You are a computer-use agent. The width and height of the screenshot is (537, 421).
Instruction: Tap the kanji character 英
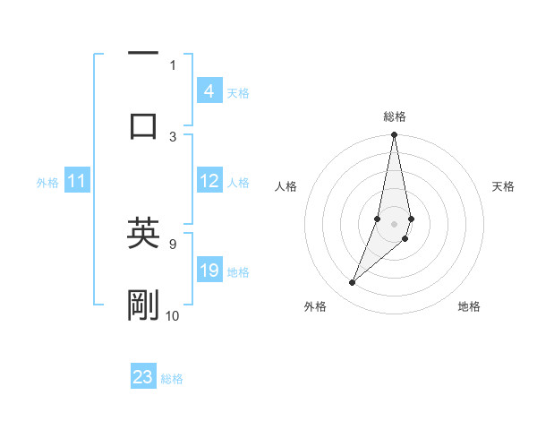pos(143,235)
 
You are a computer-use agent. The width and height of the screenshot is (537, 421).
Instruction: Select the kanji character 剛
pos(143,305)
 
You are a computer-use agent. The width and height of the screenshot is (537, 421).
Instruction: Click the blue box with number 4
pos(209,91)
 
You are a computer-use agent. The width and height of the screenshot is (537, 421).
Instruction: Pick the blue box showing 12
pos(209,181)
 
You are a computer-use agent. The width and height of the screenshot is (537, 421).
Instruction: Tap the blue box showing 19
pos(209,271)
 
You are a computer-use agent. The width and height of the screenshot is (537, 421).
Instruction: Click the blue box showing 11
pos(77,182)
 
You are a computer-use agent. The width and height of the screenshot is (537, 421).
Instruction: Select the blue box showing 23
pos(143,377)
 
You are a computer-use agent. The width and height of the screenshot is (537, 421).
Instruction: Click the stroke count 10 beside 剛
pos(173,315)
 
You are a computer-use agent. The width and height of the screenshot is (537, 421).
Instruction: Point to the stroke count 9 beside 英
pos(173,243)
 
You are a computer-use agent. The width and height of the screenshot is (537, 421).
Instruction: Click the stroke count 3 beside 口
pos(173,136)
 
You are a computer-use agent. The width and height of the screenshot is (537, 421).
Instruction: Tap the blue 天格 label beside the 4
pos(238,92)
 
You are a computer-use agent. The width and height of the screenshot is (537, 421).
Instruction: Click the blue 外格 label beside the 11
pos(47,183)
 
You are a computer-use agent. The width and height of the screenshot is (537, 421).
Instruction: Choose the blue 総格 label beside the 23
pos(172,378)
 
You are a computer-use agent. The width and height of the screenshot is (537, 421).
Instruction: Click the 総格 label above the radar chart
pos(395,116)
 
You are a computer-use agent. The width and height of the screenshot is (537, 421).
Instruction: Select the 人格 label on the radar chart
pos(286,186)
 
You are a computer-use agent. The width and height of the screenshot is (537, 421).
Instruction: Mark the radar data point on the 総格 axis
pos(394,135)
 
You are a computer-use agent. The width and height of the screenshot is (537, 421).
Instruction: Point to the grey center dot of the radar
pos(394,223)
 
